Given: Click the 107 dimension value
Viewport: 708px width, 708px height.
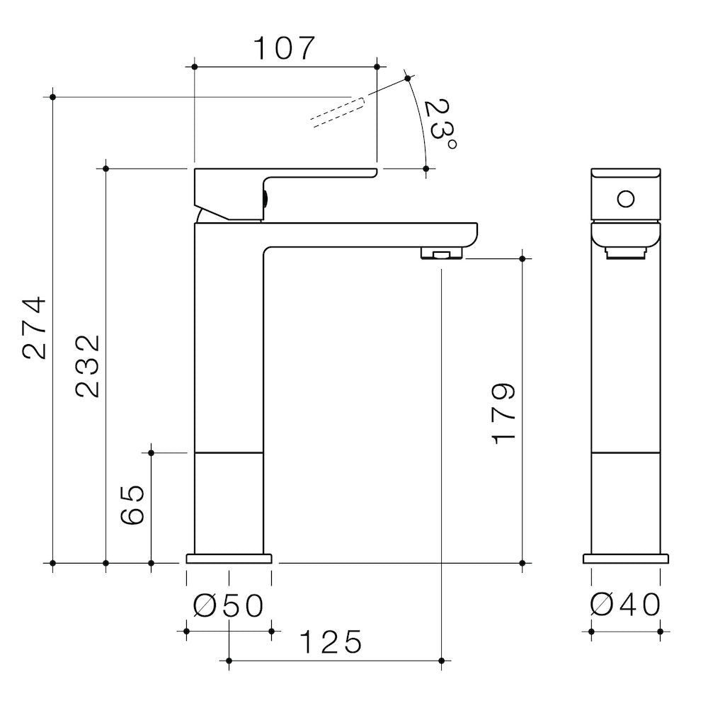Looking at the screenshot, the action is (284, 48).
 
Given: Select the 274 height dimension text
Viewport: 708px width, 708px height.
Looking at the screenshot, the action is (34, 327).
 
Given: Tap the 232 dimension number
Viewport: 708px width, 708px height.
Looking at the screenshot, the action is (87, 366).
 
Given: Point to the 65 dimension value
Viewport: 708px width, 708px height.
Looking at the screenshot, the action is (132, 506).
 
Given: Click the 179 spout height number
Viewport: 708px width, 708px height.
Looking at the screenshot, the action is (503, 413).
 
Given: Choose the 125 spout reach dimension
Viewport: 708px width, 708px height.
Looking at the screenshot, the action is (331, 642).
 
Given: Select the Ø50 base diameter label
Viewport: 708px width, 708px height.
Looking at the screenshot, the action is (228, 605).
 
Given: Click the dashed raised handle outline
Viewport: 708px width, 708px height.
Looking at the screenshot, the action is (337, 112).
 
